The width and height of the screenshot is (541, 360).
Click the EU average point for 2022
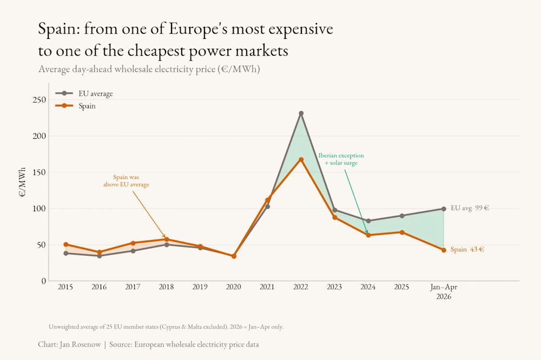(x=301, y=114)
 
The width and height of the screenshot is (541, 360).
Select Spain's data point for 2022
(x=301, y=159)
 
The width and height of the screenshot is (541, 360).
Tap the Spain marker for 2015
(x=65, y=244)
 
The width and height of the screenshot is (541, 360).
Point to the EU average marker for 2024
(x=368, y=221)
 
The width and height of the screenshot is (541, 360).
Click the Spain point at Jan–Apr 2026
(x=444, y=250)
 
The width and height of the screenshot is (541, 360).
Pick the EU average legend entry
(x=84, y=94)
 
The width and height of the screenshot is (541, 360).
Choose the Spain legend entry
(x=76, y=106)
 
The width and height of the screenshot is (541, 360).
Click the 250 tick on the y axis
(x=39, y=100)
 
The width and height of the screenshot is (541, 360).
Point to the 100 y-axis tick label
(x=39, y=209)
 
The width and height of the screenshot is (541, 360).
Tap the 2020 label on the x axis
(x=233, y=287)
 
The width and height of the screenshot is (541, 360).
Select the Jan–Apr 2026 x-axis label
(x=444, y=292)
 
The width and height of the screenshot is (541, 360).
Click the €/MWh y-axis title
(x=22, y=182)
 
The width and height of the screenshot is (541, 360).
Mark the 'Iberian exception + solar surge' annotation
(x=341, y=159)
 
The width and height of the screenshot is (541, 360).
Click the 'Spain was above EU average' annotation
(x=126, y=181)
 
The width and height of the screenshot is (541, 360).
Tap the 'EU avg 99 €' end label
(x=470, y=208)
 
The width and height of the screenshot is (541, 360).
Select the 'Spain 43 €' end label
(x=467, y=249)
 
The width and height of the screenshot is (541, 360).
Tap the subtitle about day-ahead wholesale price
(x=149, y=69)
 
